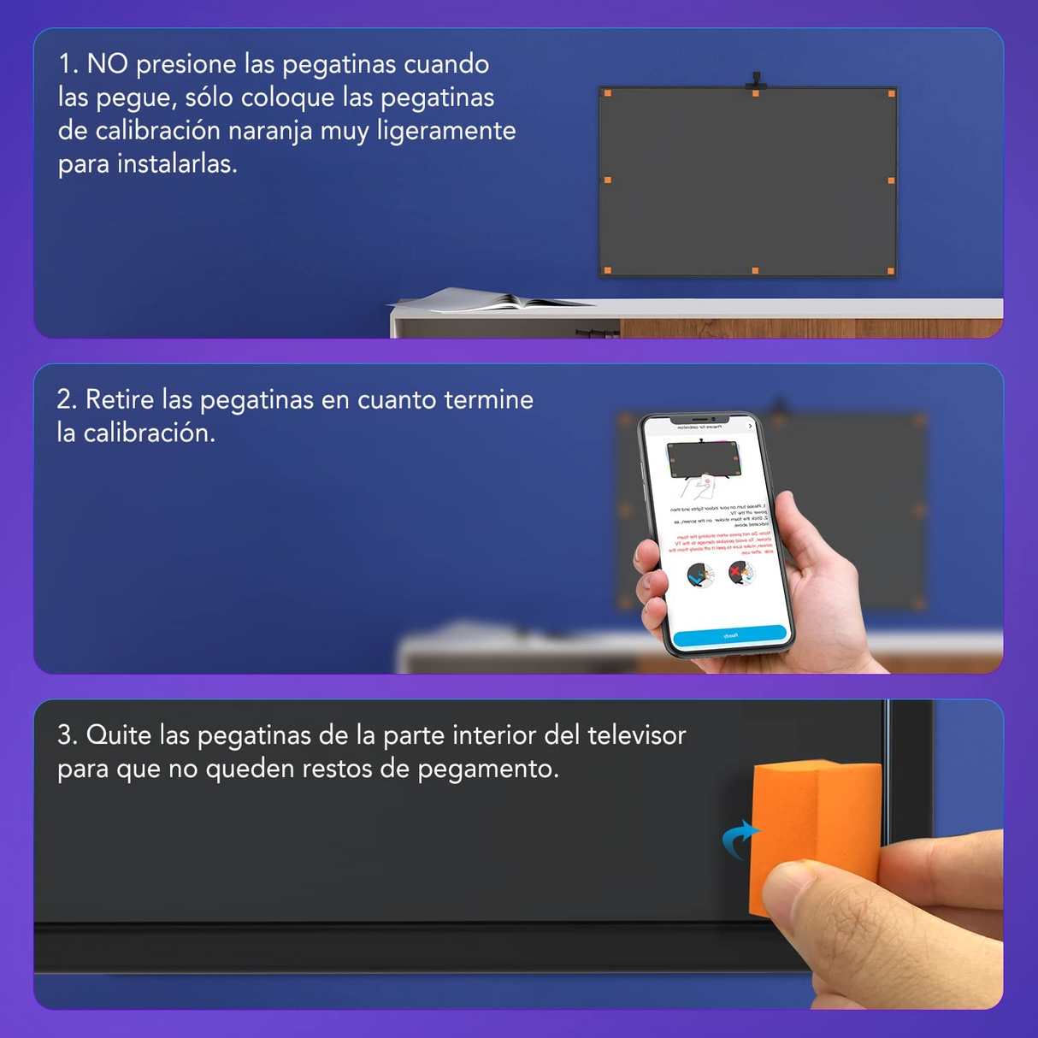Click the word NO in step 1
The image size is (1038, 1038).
107,64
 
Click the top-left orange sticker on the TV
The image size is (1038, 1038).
608,93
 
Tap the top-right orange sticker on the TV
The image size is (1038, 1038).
891,93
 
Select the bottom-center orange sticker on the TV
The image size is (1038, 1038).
755,271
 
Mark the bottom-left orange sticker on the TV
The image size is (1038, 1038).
608,271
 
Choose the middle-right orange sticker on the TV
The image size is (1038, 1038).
891,180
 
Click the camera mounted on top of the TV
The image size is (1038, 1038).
756,81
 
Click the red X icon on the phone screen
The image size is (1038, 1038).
734,570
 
